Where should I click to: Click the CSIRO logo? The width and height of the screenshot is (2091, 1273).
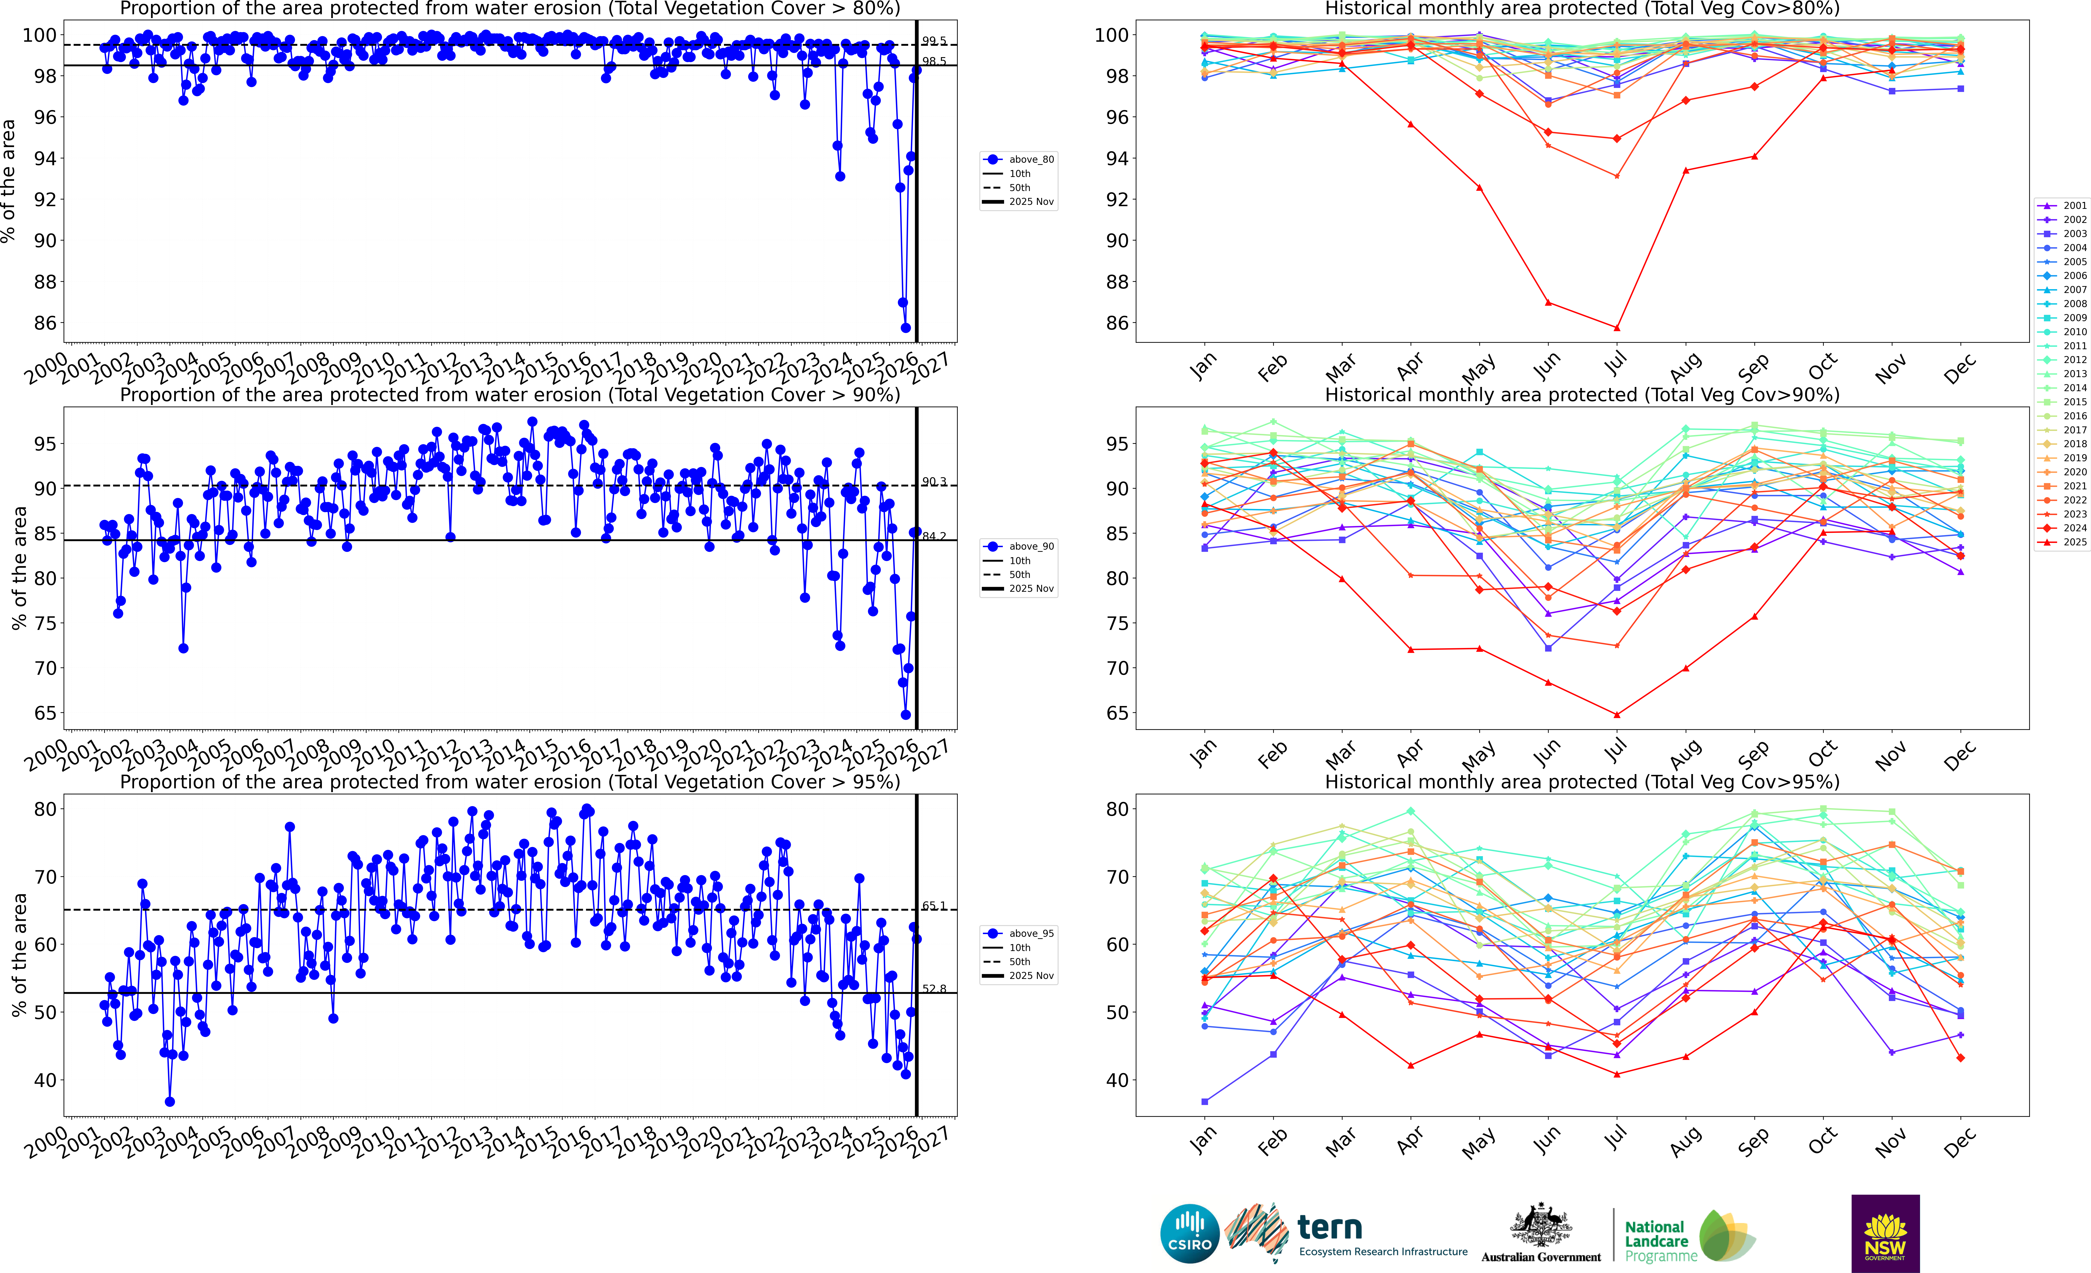click(1190, 1233)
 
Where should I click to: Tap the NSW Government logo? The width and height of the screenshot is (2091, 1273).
click(1885, 1233)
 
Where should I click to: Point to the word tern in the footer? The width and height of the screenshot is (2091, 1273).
click(1330, 1227)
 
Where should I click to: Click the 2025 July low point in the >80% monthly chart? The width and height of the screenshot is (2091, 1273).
click(1617, 328)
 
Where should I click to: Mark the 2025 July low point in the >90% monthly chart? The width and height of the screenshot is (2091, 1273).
click(1617, 714)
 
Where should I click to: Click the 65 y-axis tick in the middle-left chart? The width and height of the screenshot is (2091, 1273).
click(44, 713)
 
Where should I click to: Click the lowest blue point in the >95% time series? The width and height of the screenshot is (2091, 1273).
click(170, 1102)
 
